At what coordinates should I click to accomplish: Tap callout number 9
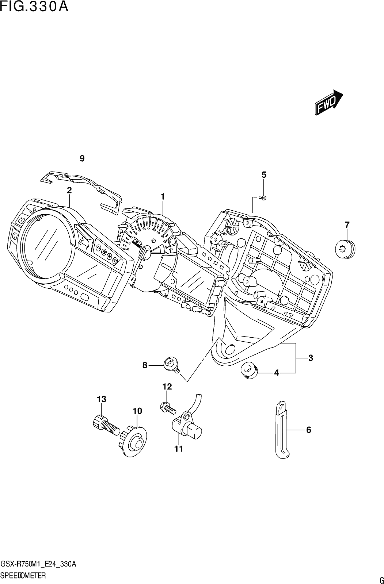point(82,158)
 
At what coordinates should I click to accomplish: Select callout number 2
point(69,190)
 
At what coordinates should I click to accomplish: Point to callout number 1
point(163,197)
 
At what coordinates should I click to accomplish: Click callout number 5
point(264,175)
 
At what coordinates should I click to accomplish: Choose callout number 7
point(347,225)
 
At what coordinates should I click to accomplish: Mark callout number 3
point(311,358)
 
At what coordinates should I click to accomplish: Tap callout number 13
point(102,399)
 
